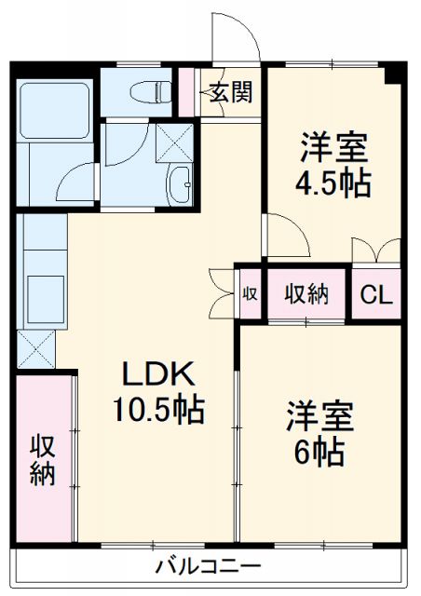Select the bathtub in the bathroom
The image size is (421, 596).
pyautogui.click(x=53, y=112)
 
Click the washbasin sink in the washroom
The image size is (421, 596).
pyautogui.click(x=179, y=185)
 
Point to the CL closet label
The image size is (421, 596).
pyautogui.click(x=377, y=295)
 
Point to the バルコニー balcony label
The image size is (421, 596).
pyautogui.click(x=208, y=565)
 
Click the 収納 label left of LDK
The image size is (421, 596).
pyautogui.click(x=42, y=460)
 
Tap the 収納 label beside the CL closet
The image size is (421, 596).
pyautogui.click(x=306, y=294)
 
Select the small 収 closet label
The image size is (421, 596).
pyautogui.click(x=250, y=294)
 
